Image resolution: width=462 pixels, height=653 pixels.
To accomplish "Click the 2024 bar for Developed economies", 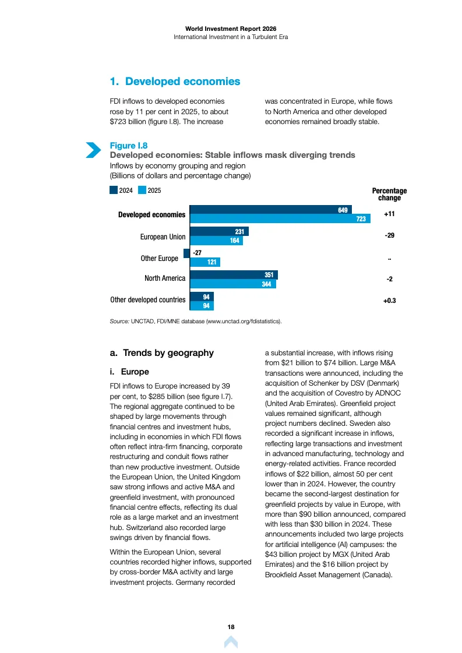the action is click(x=271, y=210).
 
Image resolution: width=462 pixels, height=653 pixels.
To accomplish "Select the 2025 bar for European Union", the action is click(x=216, y=241).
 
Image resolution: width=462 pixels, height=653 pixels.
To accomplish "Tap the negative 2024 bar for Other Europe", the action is click(x=186, y=253).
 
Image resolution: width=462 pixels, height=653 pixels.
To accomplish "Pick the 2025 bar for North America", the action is click(x=233, y=284).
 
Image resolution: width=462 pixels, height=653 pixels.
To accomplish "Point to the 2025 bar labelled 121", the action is click(x=205, y=262).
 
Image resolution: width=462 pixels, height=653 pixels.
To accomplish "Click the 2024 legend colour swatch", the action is click(x=113, y=190).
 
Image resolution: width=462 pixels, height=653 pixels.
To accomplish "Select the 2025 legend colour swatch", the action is click(x=142, y=190).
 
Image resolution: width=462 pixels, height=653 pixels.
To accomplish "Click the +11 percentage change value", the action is click(x=389, y=214).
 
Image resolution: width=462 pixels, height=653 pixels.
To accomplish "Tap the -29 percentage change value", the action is click(x=390, y=235).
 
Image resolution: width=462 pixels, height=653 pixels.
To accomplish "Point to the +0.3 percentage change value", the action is click(x=390, y=300).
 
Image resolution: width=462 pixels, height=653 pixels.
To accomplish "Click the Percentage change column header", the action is click(x=390, y=194).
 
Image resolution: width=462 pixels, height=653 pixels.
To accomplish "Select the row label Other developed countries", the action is click(x=148, y=300).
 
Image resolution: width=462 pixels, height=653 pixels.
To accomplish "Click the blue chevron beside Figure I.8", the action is click(x=93, y=150).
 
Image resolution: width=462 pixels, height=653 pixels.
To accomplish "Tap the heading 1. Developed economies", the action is click(x=175, y=81).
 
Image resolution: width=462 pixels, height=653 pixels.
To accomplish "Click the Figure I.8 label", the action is click(x=129, y=146).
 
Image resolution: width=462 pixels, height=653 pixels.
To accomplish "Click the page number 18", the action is click(x=231, y=627).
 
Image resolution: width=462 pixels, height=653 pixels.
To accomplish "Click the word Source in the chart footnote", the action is click(x=119, y=322).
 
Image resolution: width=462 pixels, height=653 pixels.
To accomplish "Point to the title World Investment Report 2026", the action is click(x=231, y=29).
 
